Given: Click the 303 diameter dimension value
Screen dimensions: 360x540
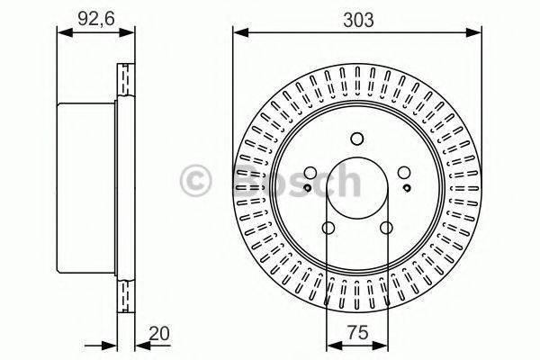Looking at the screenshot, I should coord(356,15).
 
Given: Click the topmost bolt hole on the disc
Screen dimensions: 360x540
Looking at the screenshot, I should coord(356,138).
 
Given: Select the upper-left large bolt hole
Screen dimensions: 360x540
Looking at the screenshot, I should coord(310,173).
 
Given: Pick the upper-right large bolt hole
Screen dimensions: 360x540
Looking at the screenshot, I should coord(404,173).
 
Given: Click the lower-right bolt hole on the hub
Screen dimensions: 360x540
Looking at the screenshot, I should coord(386,228).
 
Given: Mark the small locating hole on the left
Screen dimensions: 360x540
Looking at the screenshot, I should coord(308,187).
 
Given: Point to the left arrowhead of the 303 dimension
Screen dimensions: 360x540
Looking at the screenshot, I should coord(238,32).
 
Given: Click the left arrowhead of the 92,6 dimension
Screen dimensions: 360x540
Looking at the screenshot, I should coord(61,32).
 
